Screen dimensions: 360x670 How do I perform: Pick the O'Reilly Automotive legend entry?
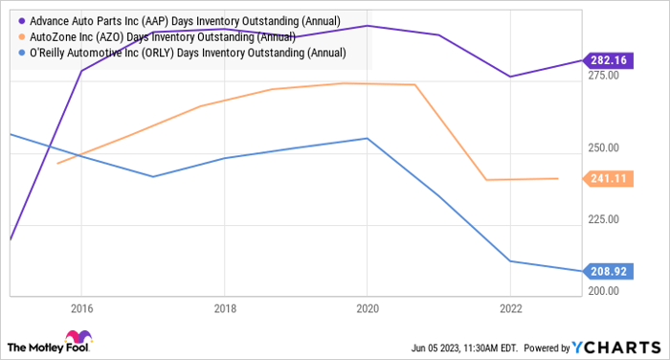[x=171, y=53]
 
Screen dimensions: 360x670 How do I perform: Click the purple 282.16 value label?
[x=609, y=59]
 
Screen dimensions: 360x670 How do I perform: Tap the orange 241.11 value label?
[x=609, y=178]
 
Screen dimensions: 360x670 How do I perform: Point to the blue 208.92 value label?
[x=609, y=271]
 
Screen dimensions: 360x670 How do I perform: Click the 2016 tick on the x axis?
[x=80, y=309]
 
